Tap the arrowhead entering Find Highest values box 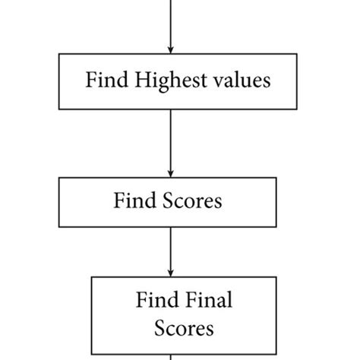[170, 48]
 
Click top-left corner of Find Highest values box [58, 54]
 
